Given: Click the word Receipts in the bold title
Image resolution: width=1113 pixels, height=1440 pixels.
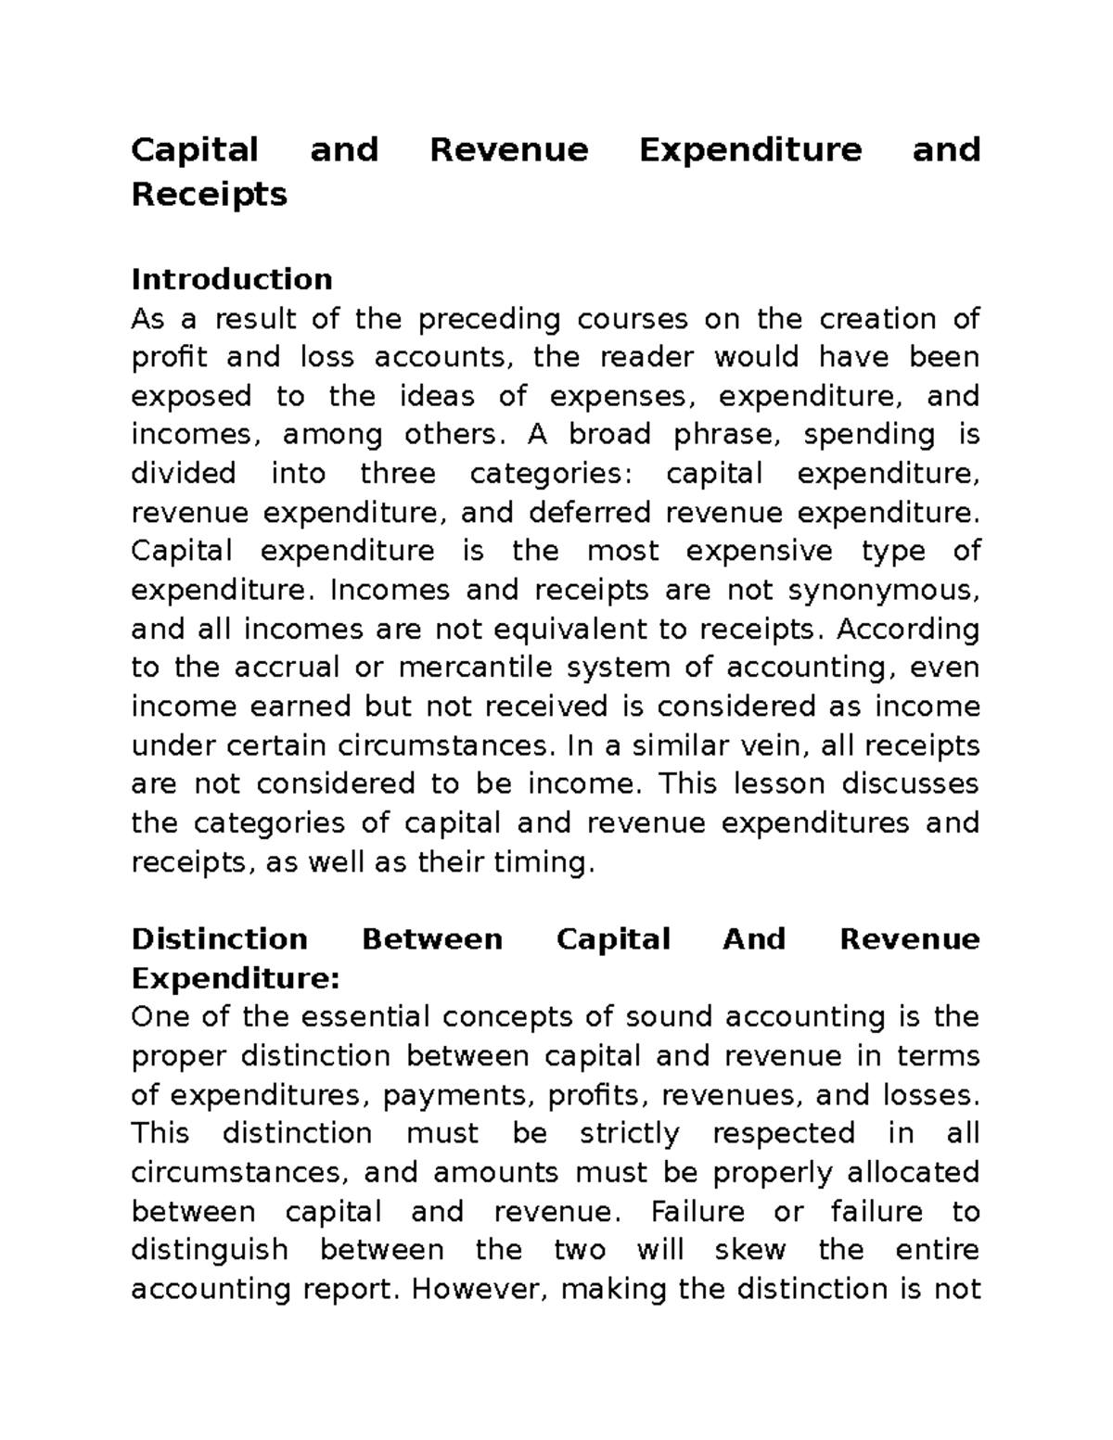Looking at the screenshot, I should click(209, 196).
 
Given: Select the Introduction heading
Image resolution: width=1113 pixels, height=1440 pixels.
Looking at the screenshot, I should click(232, 279).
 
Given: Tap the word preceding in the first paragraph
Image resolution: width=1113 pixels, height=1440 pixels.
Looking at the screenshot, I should click(489, 319).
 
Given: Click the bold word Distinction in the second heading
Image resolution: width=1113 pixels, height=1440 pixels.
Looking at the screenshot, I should click(219, 939).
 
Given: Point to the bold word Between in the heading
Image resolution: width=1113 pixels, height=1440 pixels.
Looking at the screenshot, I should click(431, 939).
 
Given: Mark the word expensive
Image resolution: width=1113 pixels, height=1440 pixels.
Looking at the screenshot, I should click(747, 552).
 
